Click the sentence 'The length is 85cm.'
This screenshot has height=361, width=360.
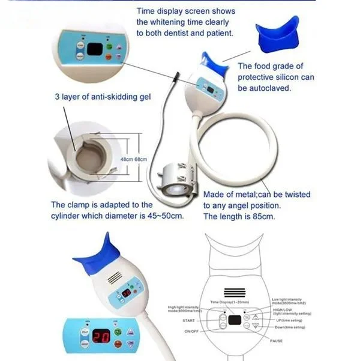(x=239, y=216)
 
